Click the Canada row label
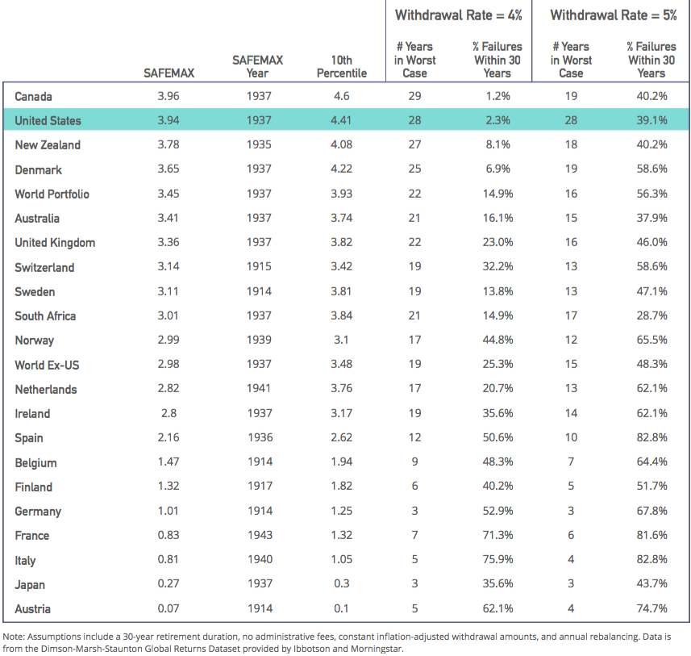pos(33,96)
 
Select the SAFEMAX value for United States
pos(169,120)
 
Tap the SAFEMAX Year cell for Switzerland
pos(259,266)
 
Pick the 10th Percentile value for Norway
pos(341,340)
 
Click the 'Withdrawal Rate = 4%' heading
pos(458,15)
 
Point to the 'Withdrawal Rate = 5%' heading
pos(614,15)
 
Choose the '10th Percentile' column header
pos(342,67)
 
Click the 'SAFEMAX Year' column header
pos(257,67)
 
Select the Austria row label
pos(32,608)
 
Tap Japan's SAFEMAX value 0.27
pos(169,583)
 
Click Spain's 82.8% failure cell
pos(651,437)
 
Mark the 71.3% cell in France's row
pos(497,535)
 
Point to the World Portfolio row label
pos(52,194)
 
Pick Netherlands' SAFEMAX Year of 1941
pos(259,388)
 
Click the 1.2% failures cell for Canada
pos(497,96)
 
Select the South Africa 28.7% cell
pos(651,315)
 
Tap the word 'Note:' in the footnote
pos(14,637)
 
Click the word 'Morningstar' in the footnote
pos(377,649)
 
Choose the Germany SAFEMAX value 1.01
pos(169,511)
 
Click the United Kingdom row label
pos(55,243)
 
